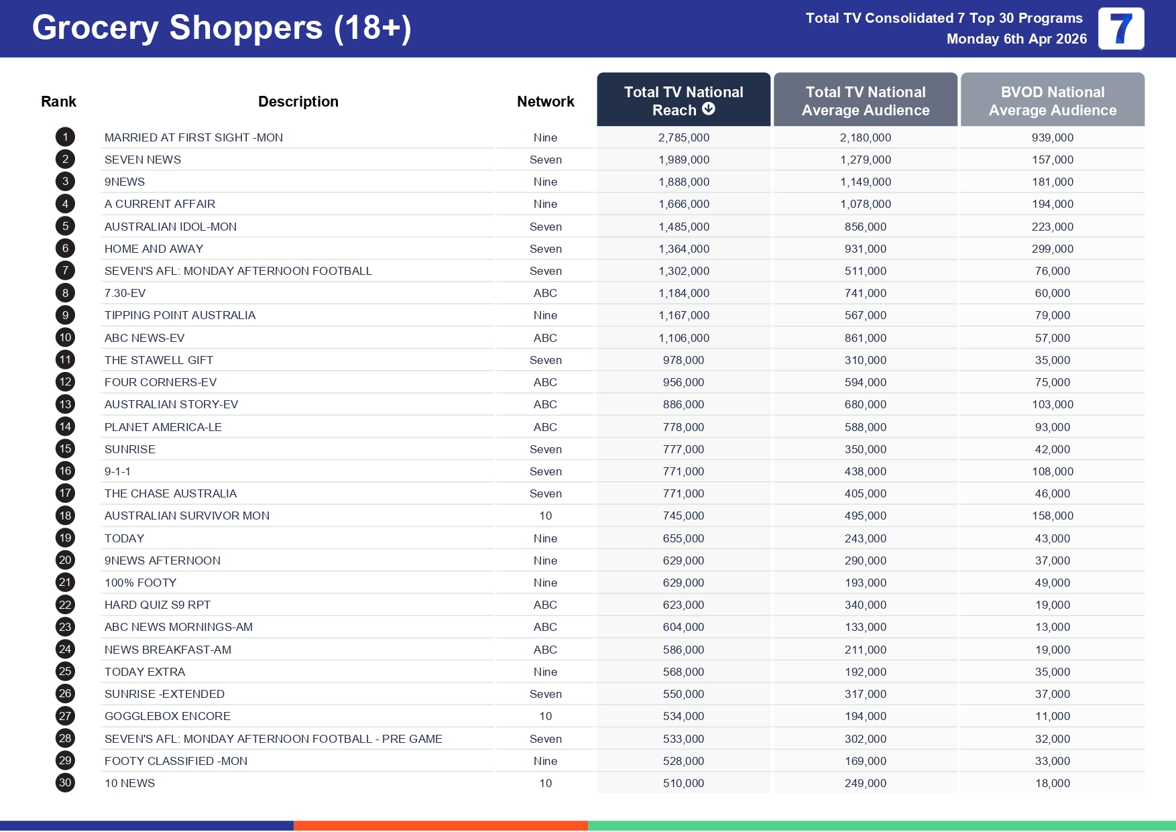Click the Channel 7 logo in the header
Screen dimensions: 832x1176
tap(1120, 29)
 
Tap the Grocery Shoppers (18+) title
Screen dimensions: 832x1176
tap(221, 28)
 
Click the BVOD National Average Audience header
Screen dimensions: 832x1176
tap(1052, 101)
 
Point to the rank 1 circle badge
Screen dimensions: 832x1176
tap(65, 137)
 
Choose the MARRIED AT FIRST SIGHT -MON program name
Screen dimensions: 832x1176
tap(193, 137)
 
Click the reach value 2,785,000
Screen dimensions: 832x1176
tap(683, 137)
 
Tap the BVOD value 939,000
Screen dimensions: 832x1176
tap(1052, 137)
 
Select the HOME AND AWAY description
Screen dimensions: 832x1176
tap(154, 249)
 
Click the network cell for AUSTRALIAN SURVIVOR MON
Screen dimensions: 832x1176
tap(545, 516)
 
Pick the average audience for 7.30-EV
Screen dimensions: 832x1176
tap(865, 293)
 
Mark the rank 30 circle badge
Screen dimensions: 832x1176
tap(65, 783)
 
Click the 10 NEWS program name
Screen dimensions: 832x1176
tap(129, 783)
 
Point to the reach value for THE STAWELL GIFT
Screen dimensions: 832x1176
tap(683, 360)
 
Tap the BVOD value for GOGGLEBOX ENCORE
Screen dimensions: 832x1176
tap(1052, 716)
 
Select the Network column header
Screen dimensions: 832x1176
tap(545, 101)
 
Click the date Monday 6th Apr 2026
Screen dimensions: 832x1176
tap(1016, 39)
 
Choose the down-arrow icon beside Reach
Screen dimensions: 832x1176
tap(708, 109)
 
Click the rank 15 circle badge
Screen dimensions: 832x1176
tap(65, 449)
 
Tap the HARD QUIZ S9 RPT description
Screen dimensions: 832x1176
tap(157, 605)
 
